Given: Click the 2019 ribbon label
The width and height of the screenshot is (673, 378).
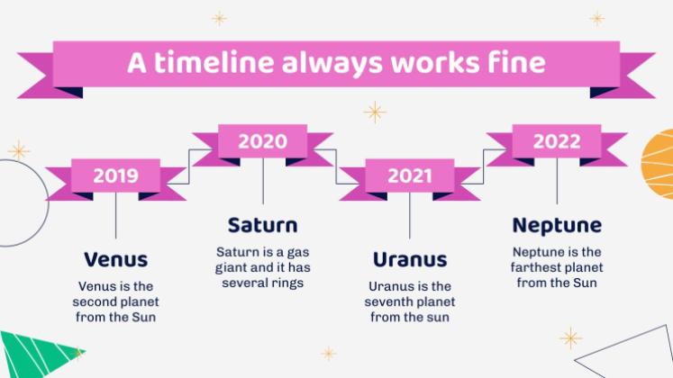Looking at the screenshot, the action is pyautogui.click(x=116, y=175).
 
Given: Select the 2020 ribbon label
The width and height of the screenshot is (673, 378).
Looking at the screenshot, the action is pyautogui.click(x=263, y=141).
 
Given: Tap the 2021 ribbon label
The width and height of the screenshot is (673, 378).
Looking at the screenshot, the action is pyautogui.click(x=410, y=175).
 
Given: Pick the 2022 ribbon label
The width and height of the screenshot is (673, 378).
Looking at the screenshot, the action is pyautogui.click(x=557, y=141).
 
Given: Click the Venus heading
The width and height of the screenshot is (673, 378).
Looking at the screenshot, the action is pyautogui.click(x=116, y=260).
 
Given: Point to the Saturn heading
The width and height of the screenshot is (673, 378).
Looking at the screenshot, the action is pyautogui.click(x=263, y=225).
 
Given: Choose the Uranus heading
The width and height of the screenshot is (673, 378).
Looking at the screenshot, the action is pyautogui.click(x=410, y=260).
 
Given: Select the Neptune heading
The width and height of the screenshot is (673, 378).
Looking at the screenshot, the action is pyautogui.click(x=557, y=226).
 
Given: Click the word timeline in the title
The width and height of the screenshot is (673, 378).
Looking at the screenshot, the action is pyautogui.click(x=214, y=62).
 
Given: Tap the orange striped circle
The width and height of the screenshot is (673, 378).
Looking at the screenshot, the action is pyautogui.click(x=659, y=164).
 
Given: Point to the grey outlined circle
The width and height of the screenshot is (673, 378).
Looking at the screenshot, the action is pyautogui.click(x=47, y=203).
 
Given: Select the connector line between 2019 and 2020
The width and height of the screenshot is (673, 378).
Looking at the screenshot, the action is pyautogui.click(x=189, y=166).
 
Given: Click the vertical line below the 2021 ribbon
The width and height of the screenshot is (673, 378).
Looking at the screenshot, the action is pyautogui.click(x=409, y=216).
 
